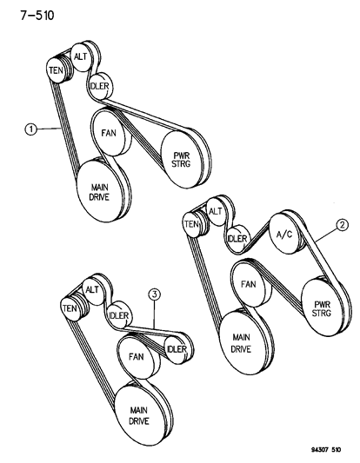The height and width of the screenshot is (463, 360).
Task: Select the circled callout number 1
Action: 30,129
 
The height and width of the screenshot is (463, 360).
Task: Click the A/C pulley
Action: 283,234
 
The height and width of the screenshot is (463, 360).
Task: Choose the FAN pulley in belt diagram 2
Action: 248,285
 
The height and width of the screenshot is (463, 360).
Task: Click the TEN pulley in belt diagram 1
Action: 57,69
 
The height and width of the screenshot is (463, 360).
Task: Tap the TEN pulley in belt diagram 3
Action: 70,307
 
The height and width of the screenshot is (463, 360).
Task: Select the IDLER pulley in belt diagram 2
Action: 238,238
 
